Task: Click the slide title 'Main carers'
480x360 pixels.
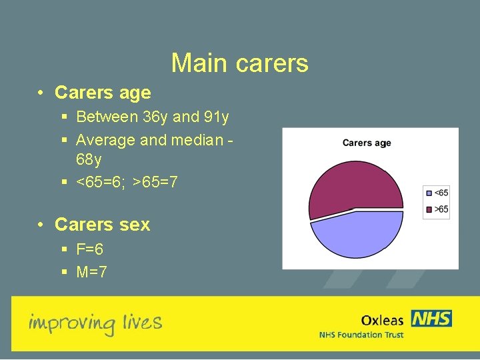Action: pyautogui.click(x=239, y=63)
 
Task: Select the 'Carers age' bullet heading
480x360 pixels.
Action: pyautogui.click(x=103, y=93)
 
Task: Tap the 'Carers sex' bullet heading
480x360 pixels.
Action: pyautogui.click(x=102, y=225)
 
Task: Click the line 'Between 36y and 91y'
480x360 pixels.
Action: pyautogui.click(x=153, y=117)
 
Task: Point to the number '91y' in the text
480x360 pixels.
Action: pyautogui.click(x=216, y=117)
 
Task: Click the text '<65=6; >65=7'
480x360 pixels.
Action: pyautogui.click(x=127, y=182)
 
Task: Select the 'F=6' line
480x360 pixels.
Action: pyautogui.click(x=90, y=249)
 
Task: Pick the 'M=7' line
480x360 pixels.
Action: pyautogui.click(x=91, y=272)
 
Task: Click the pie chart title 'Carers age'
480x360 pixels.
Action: pyautogui.click(x=367, y=143)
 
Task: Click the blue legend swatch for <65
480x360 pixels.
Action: pyautogui.click(x=429, y=193)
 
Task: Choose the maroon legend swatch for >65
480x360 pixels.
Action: pyautogui.click(x=429, y=209)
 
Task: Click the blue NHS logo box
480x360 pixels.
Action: pyautogui.click(x=431, y=319)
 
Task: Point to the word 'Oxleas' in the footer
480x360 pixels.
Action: pyautogui.click(x=382, y=320)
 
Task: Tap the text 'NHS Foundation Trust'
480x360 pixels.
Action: pyautogui.click(x=361, y=335)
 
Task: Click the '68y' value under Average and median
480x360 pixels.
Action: pyautogui.click(x=89, y=161)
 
